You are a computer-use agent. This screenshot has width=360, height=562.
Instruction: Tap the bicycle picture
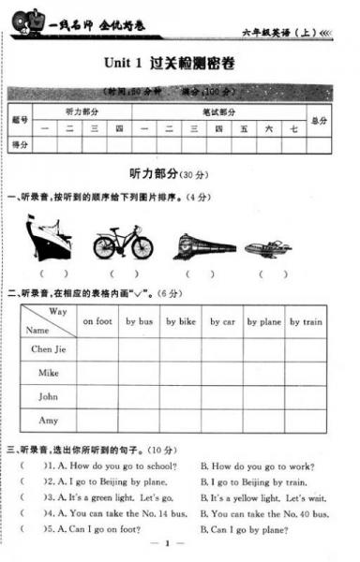[x=123, y=243]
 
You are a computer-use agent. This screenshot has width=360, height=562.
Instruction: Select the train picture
[x=204, y=245]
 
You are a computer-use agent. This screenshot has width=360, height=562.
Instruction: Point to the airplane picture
[x=268, y=248]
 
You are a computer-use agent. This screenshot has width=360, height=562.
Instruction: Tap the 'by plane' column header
[x=264, y=321]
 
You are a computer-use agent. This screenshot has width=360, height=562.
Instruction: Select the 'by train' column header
[x=307, y=321]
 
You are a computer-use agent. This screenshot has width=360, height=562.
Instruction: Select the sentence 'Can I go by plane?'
[x=243, y=529]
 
